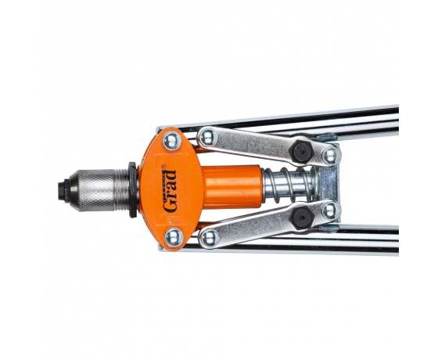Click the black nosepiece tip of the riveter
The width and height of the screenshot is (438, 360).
tap(63, 190)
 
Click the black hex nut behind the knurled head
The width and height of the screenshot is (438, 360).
tap(133, 189)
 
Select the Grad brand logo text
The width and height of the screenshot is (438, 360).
tap(170, 191)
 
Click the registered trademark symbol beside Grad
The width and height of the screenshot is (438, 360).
tap(163, 167)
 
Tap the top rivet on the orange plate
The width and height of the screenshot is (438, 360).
tap(171, 141)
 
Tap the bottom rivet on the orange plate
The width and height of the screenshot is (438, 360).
tap(174, 238)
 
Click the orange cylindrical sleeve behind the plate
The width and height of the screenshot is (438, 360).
tap(232, 187)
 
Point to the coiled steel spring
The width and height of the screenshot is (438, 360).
tap(290, 185)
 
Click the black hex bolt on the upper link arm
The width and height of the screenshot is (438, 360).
tap(301, 152)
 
